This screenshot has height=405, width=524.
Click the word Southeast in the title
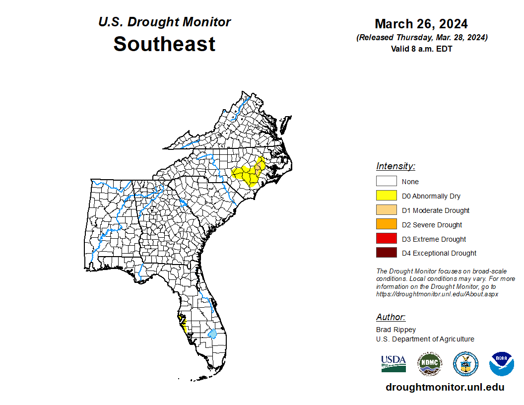(x=164, y=44)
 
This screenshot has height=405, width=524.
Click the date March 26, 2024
(x=421, y=24)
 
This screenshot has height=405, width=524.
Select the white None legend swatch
(x=386, y=181)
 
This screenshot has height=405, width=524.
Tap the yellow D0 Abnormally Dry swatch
(x=386, y=196)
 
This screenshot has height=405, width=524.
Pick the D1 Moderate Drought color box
(x=386, y=210)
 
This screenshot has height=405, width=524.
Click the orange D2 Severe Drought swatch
(x=386, y=224)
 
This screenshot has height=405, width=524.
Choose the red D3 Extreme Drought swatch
(x=386, y=239)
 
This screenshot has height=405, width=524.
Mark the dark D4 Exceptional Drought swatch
(x=386, y=253)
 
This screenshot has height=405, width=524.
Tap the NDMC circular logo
(x=429, y=364)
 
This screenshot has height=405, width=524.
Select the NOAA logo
(x=501, y=364)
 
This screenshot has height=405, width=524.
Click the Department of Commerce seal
(x=465, y=364)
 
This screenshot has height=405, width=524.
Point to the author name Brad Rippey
(x=395, y=330)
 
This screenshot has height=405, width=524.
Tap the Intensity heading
(x=395, y=166)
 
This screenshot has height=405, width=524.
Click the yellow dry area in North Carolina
(x=248, y=175)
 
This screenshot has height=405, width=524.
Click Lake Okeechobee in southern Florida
(x=212, y=335)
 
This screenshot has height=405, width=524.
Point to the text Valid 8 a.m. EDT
(x=421, y=49)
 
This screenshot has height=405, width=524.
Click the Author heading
(x=391, y=317)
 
